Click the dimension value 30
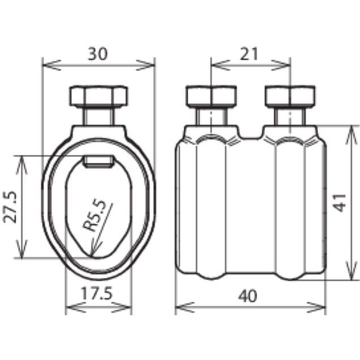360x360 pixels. pos(98,54)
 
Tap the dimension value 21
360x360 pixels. pos(249,54)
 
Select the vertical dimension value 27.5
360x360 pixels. pos(10,207)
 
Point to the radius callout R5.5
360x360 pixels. pos(94,215)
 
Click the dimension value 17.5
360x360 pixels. pos(97,294)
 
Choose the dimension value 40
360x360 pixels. pos(248,296)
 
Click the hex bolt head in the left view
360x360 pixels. pos(98,96)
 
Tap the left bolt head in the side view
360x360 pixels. pos(211,96)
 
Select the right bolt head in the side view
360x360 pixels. pos(290,96)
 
